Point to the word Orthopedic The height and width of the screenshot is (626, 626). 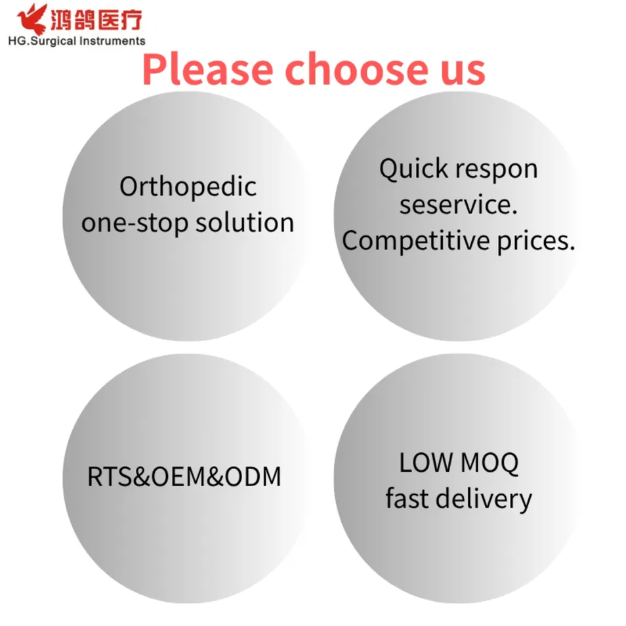tap(188, 188)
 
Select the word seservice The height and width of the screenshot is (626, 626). tap(459, 205)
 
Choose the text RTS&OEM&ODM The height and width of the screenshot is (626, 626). tap(184, 477)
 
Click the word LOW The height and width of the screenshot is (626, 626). tap(425, 464)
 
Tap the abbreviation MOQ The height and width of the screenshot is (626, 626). tap(489, 464)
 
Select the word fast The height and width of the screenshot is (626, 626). tap(407, 499)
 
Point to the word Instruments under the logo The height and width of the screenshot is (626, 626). tap(112, 41)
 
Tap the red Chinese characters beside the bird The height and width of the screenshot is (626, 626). tap(96, 20)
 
